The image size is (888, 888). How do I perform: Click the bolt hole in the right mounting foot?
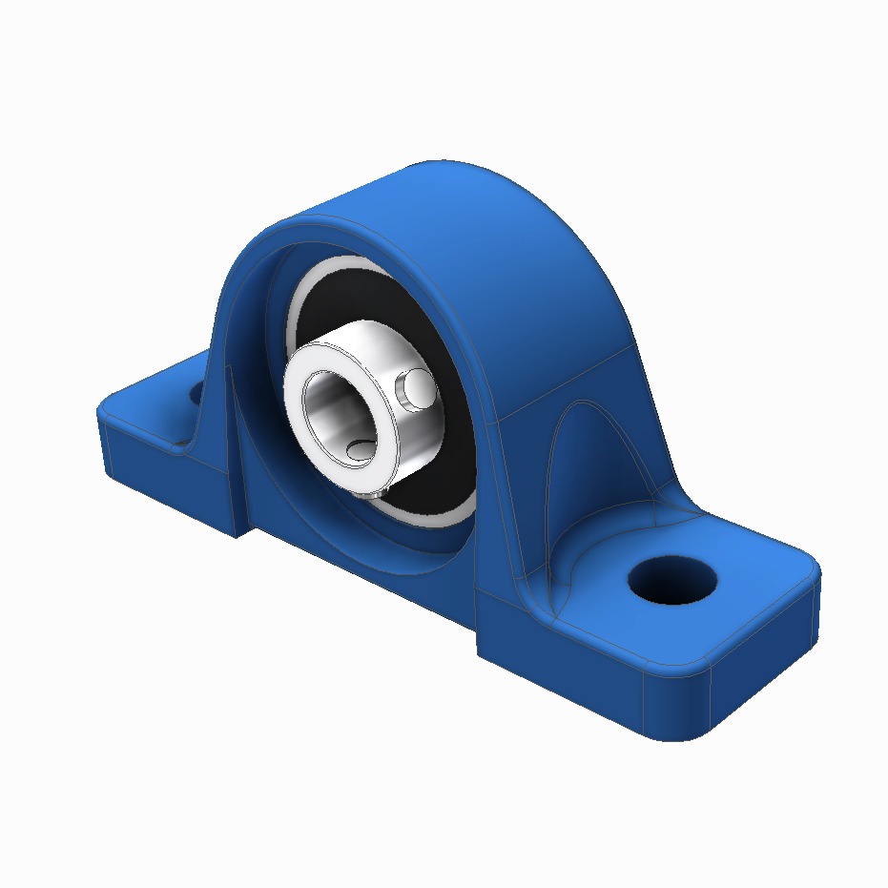click(x=671, y=578)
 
